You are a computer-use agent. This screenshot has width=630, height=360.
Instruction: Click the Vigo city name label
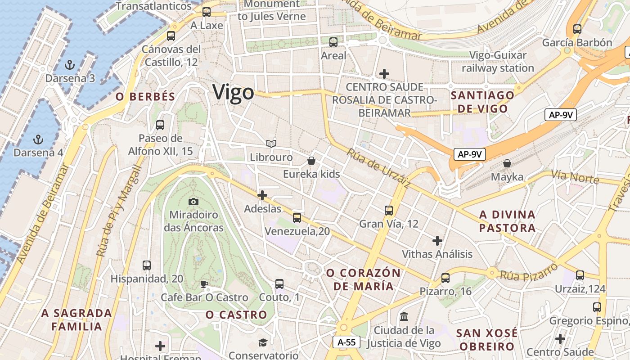point(233,93)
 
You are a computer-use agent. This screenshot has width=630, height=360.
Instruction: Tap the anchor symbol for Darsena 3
point(69,65)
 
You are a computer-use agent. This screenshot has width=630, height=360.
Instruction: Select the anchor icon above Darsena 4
point(38,139)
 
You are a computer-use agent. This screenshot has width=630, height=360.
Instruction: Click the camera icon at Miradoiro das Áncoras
point(193,202)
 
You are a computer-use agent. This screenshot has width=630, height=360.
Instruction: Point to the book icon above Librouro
point(271,144)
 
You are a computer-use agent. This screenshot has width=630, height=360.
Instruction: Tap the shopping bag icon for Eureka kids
point(311,161)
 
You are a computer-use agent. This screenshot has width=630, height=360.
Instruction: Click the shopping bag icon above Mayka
point(507,163)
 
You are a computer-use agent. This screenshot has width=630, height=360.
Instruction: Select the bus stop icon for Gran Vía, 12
point(389,210)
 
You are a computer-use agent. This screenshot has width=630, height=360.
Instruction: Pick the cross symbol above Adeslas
point(262,195)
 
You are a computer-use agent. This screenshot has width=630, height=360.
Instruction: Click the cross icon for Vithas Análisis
point(437,240)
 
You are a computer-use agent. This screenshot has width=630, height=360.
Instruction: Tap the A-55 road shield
point(346,342)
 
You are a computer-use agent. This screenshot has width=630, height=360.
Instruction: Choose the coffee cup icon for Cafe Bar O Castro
point(204,284)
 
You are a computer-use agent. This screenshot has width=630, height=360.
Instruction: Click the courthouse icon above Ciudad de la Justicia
point(404,316)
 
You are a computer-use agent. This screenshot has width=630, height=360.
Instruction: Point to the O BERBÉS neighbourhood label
point(145,96)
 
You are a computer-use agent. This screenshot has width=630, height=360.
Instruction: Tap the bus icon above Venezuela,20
point(297,218)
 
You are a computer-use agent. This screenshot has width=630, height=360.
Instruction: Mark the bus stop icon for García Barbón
point(577,29)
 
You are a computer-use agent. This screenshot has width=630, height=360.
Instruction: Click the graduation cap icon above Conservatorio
point(263,343)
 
